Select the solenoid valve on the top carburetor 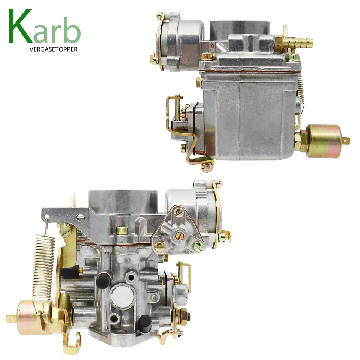coord(324,141)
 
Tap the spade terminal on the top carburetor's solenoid coord(346,141)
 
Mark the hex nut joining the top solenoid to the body coord(302,141)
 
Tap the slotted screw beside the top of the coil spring coord(65,229)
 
